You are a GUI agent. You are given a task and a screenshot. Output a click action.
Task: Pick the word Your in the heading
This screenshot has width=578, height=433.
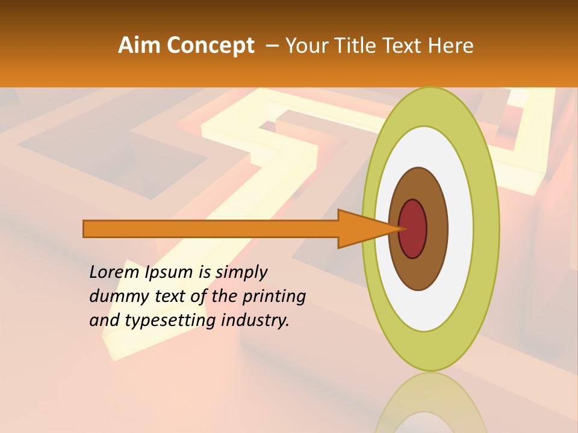pos(306,46)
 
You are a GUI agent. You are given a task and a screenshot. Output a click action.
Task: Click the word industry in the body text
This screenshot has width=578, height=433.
pos(255,321)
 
